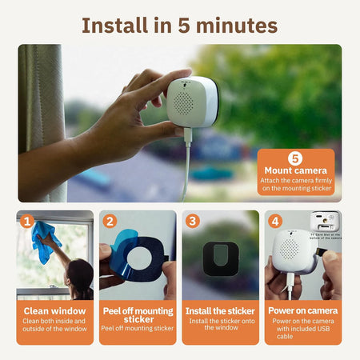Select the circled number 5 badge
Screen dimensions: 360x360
(x=295, y=157)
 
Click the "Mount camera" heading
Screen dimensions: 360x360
(x=295, y=170)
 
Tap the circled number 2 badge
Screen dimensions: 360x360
(x=110, y=221)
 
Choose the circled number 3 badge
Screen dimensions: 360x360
(x=193, y=221)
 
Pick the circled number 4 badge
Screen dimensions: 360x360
(x=275, y=221)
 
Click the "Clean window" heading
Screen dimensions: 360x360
(x=55, y=310)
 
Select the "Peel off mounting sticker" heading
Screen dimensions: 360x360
(x=138, y=315)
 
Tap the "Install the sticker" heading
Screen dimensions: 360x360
(x=220, y=310)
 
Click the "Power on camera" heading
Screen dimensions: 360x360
(x=303, y=310)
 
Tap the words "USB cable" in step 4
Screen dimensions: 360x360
(x=303, y=336)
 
